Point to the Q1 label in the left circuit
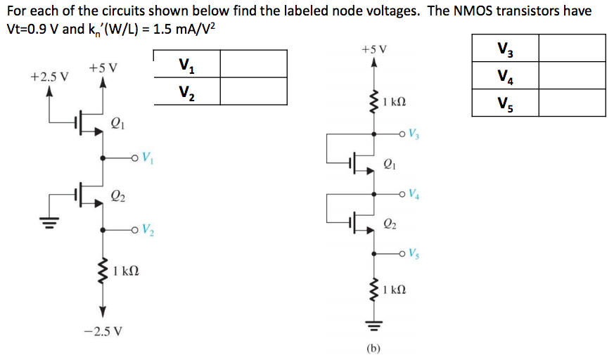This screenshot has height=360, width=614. [117, 125]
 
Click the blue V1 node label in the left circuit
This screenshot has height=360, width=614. [146, 157]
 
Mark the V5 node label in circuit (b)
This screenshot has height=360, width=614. [415, 253]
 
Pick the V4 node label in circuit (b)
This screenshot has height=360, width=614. [415, 193]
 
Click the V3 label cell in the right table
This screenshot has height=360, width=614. [504, 49]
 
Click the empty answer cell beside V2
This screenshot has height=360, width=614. [253, 91]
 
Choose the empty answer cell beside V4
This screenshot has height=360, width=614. [572, 75]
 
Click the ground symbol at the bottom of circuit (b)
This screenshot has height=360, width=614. [373, 325]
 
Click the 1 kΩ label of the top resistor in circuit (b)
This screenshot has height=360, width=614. [395, 103]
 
